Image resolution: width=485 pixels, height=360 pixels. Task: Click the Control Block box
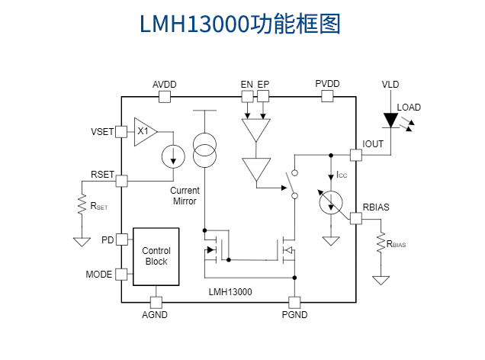156,256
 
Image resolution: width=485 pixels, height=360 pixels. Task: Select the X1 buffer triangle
144,131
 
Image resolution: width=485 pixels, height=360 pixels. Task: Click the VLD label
390,84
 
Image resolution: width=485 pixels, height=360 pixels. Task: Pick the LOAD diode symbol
390,121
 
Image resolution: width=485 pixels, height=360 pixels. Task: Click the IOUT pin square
355,155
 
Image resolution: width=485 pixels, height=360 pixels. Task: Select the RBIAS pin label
376,207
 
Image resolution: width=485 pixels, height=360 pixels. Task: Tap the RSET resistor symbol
81,206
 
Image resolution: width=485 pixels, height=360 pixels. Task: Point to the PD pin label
107,239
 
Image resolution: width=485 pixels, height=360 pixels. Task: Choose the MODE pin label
99,274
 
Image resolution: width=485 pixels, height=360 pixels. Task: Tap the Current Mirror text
185,196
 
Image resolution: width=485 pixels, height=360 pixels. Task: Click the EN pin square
246,96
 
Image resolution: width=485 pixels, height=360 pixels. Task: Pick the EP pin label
263,84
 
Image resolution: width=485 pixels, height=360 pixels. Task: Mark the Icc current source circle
329,202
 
